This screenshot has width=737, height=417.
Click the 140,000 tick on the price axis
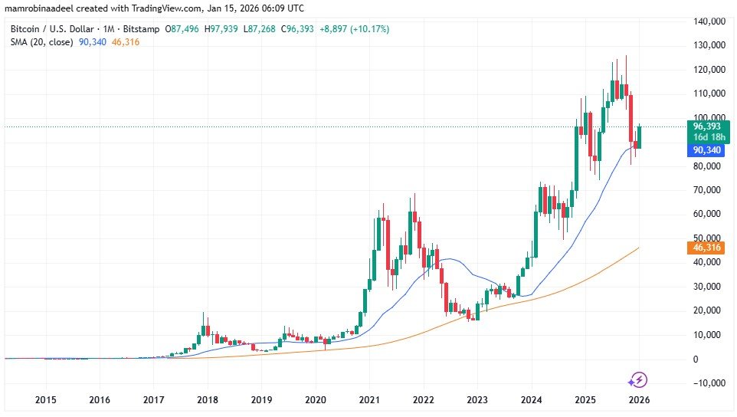(x=709, y=21)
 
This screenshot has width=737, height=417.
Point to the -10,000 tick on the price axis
(x=708, y=383)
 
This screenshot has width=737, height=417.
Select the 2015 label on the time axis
(x=45, y=400)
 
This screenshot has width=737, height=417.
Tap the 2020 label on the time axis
(x=316, y=400)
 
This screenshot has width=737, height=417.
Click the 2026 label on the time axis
(x=640, y=400)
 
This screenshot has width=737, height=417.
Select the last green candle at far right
(x=639, y=136)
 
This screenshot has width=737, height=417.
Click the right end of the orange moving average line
(x=639, y=248)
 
